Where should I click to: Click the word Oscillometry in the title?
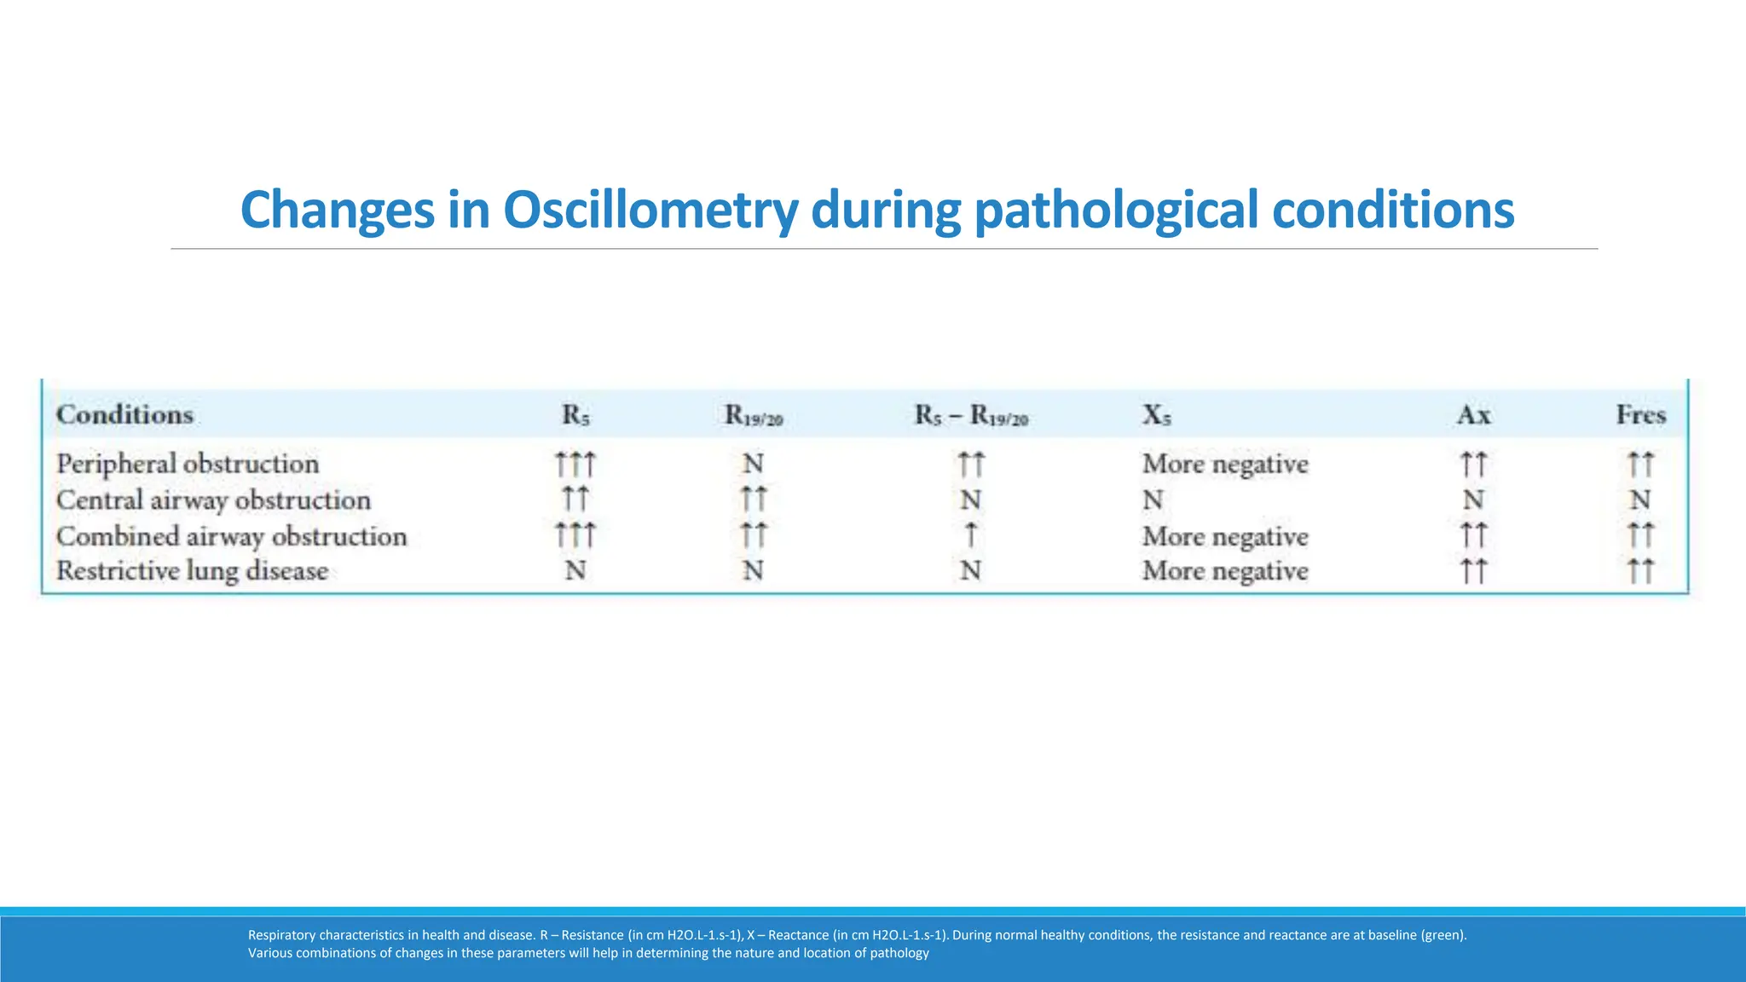(x=650, y=211)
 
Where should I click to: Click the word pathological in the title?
(x=1116, y=211)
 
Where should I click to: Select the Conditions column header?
(x=124, y=415)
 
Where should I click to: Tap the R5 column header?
(x=575, y=415)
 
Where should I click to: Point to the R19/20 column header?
(x=754, y=416)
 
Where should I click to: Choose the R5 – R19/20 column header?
(x=971, y=416)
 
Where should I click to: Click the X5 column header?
(x=1157, y=415)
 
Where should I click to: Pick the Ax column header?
(x=1473, y=415)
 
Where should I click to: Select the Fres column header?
(x=1640, y=415)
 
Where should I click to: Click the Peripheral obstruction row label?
(x=188, y=465)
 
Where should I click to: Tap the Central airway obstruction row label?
(x=213, y=500)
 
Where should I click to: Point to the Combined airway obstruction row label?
(x=231, y=537)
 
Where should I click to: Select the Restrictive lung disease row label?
(x=192, y=571)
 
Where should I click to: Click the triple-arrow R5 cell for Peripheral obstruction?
(x=575, y=465)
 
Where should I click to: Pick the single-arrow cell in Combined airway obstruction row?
(x=970, y=536)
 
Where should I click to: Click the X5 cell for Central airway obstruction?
(x=1153, y=500)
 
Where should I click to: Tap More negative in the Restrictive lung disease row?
(x=1225, y=571)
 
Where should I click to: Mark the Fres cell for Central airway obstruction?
(x=1640, y=500)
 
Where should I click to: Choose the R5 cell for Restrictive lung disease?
(x=575, y=570)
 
